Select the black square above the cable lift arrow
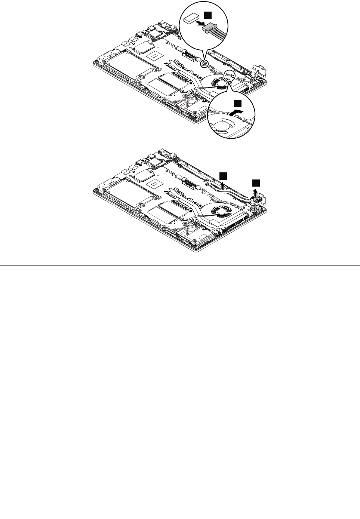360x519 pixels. tap(223, 175)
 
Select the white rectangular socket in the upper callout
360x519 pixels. tap(193, 18)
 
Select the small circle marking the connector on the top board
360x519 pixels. tap(204, 63)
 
